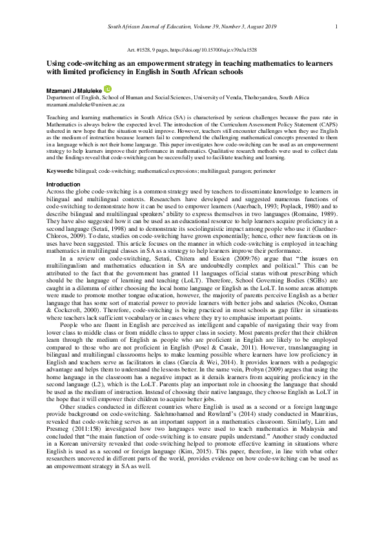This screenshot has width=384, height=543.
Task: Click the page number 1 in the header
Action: [337, 26]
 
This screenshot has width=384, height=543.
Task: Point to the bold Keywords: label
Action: [59, 170]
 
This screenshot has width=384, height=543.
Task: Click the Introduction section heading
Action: [63, 185]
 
